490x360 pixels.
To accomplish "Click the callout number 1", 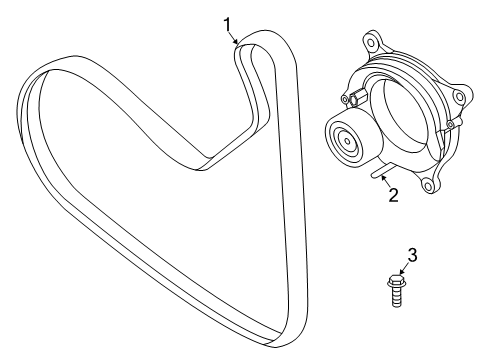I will click(x=227, y=23).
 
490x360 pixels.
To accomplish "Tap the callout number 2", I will click(x=393, y=194).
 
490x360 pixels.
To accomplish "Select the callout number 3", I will click(x=412, y=256).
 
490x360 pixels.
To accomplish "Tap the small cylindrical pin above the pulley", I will click(x=354, y=97).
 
